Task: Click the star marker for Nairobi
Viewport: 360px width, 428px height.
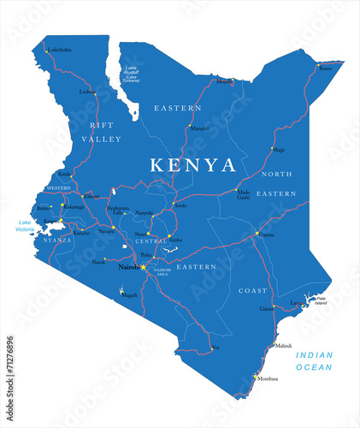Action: click(x=143, y=267)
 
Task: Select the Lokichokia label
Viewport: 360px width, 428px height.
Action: click(x=59, y=50)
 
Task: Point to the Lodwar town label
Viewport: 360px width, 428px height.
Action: click(x=87, y=92)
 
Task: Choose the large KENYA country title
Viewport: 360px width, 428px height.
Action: click(x=192, y=163)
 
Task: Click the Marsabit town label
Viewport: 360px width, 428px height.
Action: click(x=199, y=128)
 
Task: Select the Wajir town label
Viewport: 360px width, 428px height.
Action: click(x=279, y=149)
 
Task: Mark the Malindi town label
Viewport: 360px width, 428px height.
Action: click(x=282, y=346)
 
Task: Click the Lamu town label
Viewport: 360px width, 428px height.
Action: click(x=296, y=302)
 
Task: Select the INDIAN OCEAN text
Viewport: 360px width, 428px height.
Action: click(x=314, y=360)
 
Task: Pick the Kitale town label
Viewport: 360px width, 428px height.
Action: click(x=65, y=175)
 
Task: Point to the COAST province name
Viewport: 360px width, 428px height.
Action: click(x=253, y=289)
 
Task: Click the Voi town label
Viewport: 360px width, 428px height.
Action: click(x=215, y=348)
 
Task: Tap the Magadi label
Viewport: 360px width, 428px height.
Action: click(x=129, y=294)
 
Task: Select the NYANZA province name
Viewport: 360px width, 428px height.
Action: click(x=58, y=241)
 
